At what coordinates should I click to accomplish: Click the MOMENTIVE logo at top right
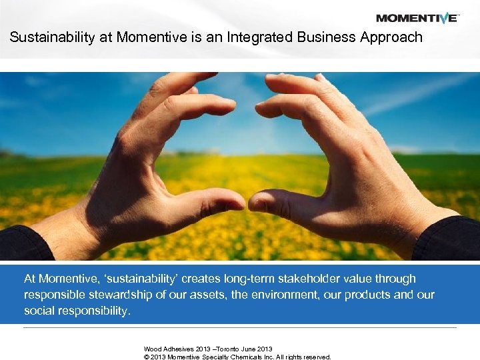point(417,18)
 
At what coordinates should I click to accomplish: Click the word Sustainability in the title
point(52,37)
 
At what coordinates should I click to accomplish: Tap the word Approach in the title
point(391,37)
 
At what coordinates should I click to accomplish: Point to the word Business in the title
point(320,37)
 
